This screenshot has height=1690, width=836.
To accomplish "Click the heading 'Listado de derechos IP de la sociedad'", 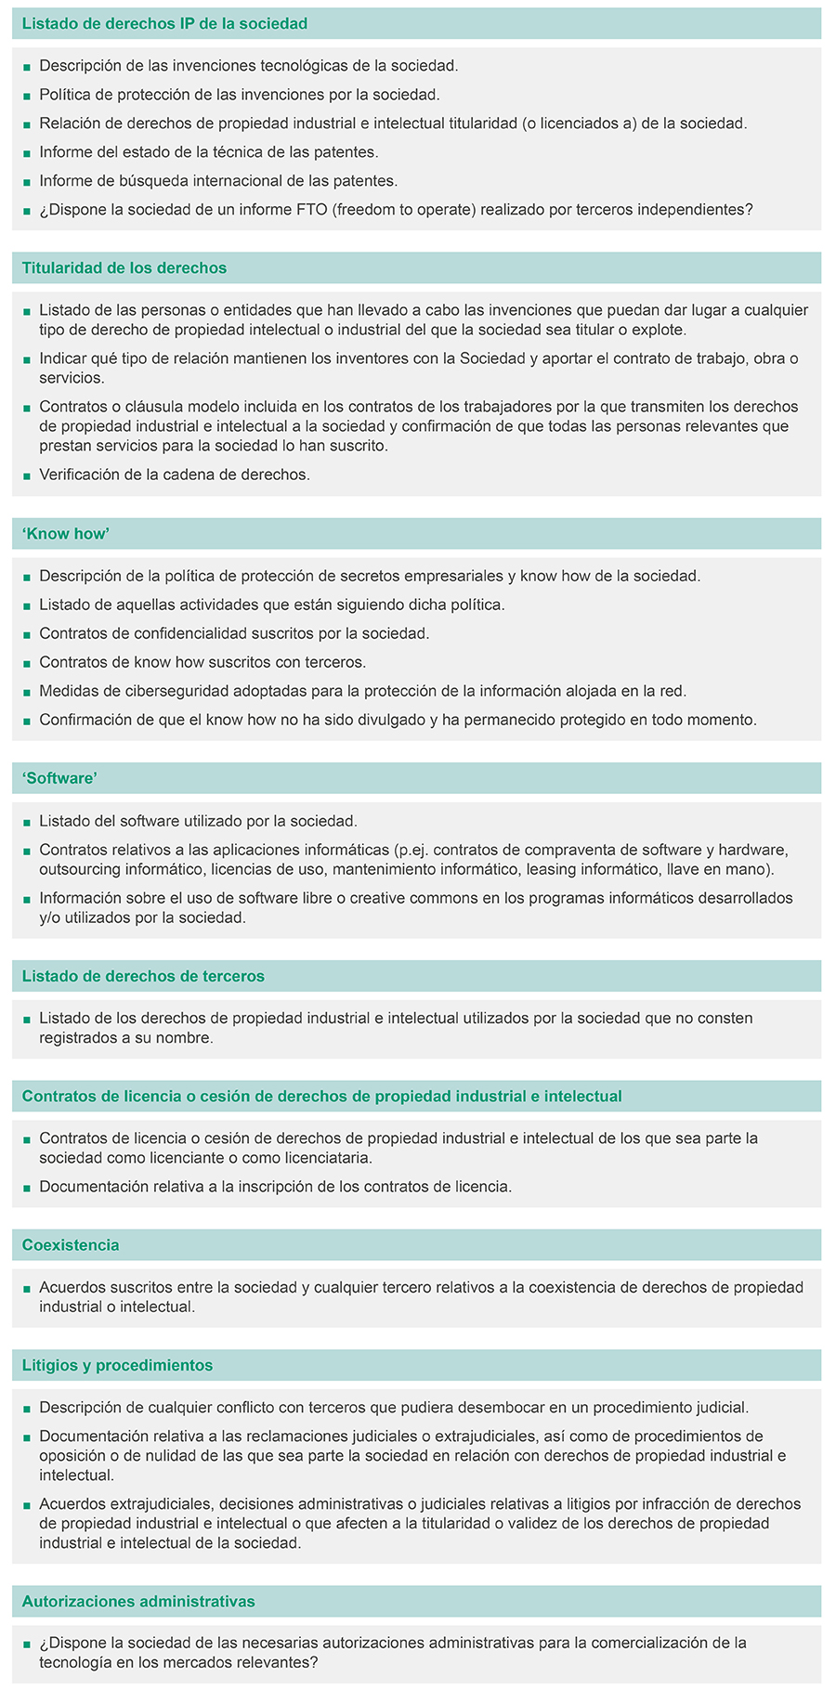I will [x=164, y=23].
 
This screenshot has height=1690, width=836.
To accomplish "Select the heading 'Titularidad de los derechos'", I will [x=124, y=268].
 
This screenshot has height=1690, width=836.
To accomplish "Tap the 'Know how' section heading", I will [x=66, y=534].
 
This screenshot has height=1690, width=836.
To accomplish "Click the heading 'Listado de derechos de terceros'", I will [x=143, y=976].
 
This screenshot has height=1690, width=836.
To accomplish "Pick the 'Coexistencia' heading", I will [x=71, y=1245].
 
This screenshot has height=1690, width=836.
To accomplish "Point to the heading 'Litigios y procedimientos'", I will [x=117, y=1365].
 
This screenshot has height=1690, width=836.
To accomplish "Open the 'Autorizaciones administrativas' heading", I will [x=138, y=1601].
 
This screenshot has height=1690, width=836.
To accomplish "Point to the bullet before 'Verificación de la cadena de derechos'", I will [x=27, y=475].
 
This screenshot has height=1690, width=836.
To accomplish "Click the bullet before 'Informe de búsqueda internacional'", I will [x=27, y=182].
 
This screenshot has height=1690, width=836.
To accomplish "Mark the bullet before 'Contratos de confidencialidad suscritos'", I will [x=27, y=634].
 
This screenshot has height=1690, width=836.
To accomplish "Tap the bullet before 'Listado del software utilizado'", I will [x=27, y=822].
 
